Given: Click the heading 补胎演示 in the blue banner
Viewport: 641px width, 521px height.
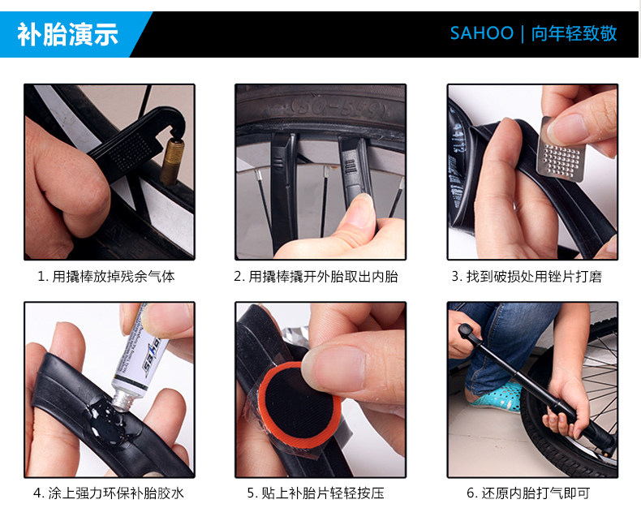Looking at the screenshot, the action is [68, 34].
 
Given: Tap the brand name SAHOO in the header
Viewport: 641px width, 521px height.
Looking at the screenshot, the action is [482, 33].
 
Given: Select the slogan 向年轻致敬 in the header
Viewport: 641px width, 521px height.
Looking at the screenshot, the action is [574, 33].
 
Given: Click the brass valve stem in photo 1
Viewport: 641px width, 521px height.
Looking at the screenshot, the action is [172, 161].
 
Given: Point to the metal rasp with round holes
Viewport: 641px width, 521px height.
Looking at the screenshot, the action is [561, 149].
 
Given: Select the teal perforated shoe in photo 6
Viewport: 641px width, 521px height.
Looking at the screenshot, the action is [497, 395].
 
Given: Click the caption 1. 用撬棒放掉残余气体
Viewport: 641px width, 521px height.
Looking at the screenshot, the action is [106, 277].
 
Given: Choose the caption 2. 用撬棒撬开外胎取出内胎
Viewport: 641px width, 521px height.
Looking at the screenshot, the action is [316, 277].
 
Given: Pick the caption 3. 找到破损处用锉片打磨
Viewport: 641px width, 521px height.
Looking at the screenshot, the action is [527, 277].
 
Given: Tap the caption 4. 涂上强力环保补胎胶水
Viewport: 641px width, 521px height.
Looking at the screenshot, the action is [109, 493].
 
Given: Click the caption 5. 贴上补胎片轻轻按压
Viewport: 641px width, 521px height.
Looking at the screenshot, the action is [316, 493].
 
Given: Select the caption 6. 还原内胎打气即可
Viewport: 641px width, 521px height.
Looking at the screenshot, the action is [528, 493].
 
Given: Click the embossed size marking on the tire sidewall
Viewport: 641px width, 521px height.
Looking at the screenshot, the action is [339, 108].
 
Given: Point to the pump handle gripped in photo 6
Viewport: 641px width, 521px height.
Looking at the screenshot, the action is [471, 334].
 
